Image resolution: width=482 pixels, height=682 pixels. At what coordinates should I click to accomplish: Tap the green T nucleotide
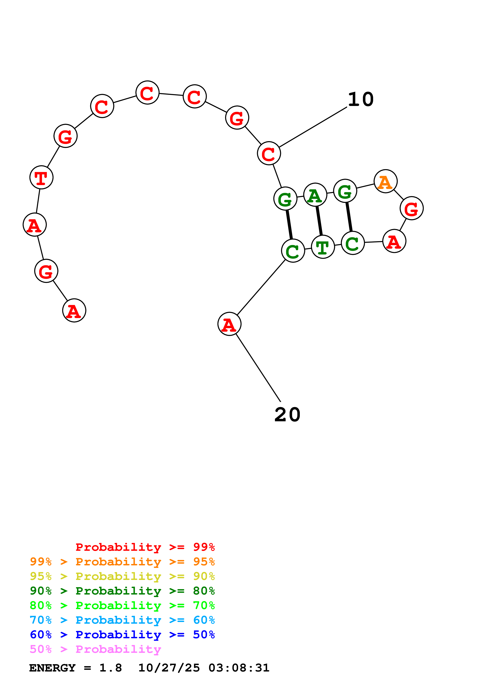323,247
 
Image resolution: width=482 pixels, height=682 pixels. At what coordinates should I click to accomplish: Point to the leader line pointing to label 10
313,127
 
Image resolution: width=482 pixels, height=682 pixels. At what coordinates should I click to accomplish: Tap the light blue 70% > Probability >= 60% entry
122,620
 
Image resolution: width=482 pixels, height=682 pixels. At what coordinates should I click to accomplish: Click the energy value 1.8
110,668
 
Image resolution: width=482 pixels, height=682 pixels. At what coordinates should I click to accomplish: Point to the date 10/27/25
169,668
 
